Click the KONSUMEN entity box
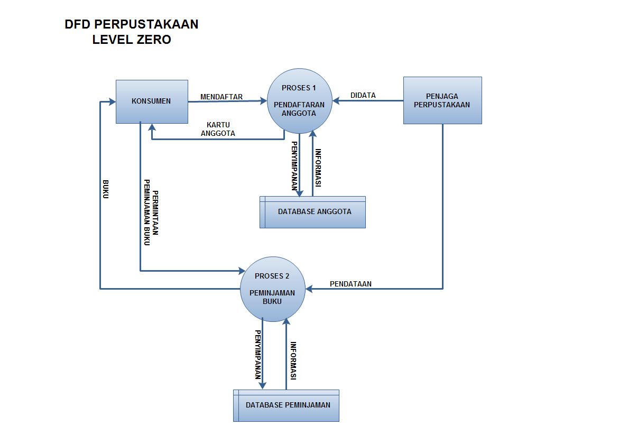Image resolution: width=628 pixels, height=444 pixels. (152, 101)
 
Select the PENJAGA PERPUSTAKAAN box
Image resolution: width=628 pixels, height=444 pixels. (442, 100)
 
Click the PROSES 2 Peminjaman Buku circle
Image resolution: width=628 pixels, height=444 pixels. (272, 289)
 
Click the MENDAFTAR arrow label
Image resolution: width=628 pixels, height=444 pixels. (221, 97)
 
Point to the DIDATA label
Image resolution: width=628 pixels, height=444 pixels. (363, 96)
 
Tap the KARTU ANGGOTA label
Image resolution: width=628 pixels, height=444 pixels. (218, 129)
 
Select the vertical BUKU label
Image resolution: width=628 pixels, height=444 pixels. (106, 189)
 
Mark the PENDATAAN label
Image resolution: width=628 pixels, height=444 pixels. (350, 284)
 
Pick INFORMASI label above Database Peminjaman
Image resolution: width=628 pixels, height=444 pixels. (293, 361)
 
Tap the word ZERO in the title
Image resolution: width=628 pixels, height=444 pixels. (151, 40)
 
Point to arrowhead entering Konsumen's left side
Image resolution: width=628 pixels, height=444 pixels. (112, 101)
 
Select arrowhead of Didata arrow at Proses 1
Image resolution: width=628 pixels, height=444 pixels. (336, 100)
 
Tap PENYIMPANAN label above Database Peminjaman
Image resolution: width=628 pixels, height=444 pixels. (258, 355)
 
